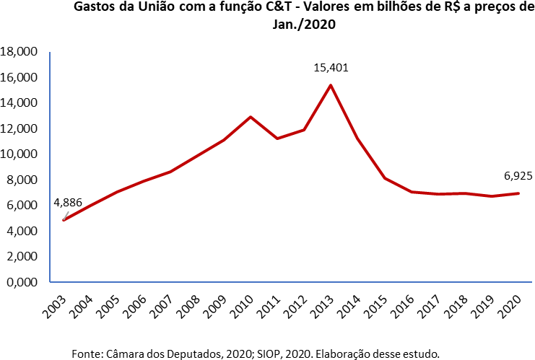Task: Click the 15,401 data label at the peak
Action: tap(331, 68)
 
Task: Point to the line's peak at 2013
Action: tap(331, 85)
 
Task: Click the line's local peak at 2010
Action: tap(251, 117)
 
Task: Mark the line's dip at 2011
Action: tap(277, 139)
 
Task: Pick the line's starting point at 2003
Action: tap(64, 219)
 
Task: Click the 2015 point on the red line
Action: tap(385, 178)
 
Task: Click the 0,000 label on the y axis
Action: tap(22, 282)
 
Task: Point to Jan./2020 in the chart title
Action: tap(301, 25)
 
